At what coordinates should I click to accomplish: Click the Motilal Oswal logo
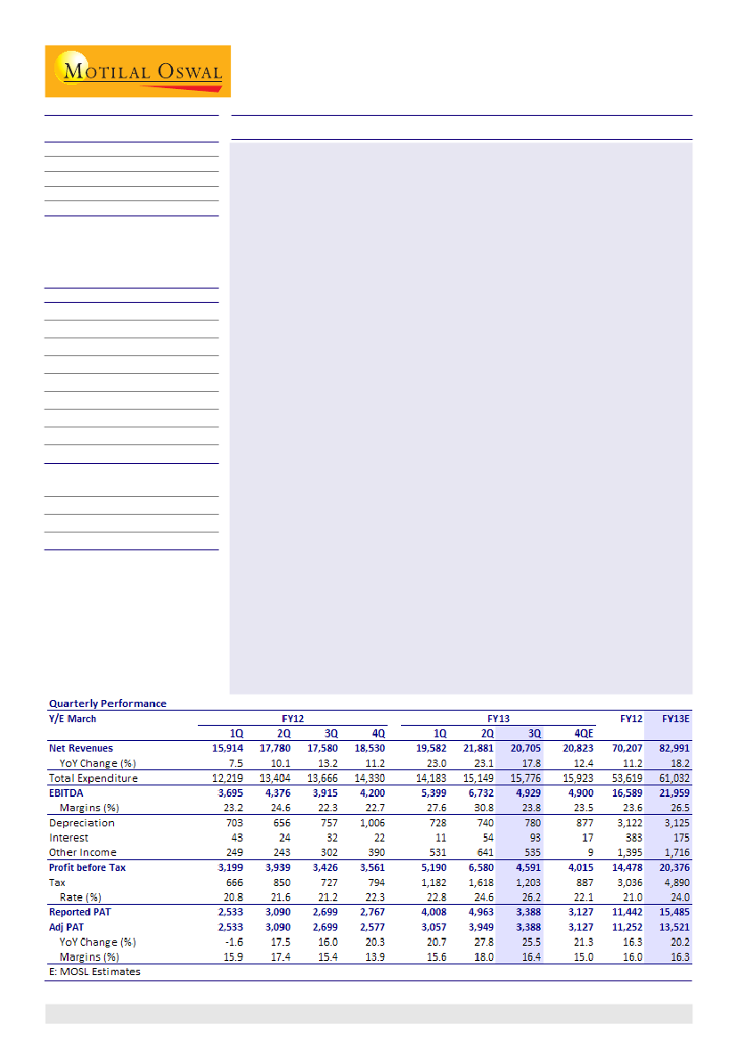click(x=138, y=71)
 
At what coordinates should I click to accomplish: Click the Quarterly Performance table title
click(x=107, y=703)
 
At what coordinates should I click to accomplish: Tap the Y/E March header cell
click(x=72, y=719)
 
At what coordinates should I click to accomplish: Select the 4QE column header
click(x=582, y=733)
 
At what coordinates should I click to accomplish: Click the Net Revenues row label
click(x=81, y=748)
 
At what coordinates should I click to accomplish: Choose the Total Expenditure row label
click(x=93, y=778)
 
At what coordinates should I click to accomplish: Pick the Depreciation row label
click(x=81, y=823)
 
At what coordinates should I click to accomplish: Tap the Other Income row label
click(x=83, y=852)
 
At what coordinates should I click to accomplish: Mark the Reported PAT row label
click(x=80, y=912)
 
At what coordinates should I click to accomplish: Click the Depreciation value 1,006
click(x=369, y=823)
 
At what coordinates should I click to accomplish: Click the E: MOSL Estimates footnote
click(x=94, y=972)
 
